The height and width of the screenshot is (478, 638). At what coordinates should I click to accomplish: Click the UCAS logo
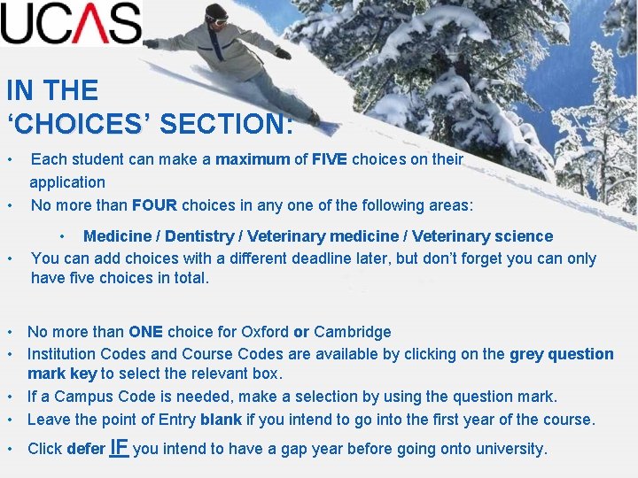tap(71, 23)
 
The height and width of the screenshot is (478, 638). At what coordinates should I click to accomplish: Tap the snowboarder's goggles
tap(218, 17)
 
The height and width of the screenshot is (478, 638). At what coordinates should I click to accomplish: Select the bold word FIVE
tap(330, 160)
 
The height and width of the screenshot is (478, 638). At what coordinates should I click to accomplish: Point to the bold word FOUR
tap(154, 205)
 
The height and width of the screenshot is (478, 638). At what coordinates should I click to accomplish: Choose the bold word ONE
tap(145, 332)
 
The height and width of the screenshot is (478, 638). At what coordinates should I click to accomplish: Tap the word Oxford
tap(261, 332)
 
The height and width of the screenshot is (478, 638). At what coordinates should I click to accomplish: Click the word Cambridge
tap(353, 332)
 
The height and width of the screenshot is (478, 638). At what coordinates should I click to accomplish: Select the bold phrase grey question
tap(561, 354)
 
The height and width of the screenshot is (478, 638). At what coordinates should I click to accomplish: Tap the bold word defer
tap(86, 449)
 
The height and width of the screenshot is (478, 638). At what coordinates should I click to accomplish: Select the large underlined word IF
tap(120, 447)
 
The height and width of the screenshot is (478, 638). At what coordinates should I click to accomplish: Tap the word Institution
tap(66, 354)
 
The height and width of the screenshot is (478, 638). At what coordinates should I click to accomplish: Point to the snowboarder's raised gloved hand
tap(282, 53)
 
